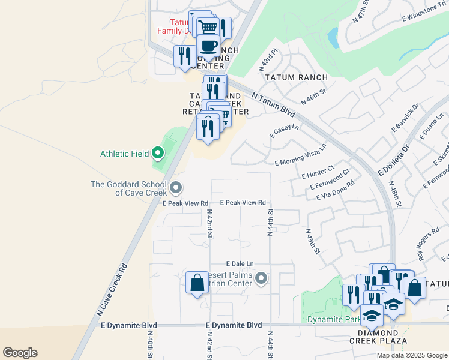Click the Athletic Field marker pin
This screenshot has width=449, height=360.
pos(158,154)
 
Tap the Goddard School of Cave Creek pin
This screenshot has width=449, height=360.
pos(176,188)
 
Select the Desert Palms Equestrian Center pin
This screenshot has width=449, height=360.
pos(261,278)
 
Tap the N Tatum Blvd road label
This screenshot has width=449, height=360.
pos(274,105)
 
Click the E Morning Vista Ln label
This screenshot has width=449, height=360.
pos(301,155)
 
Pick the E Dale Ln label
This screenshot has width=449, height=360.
pos(240,263)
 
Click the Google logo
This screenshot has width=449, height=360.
pos(20,353)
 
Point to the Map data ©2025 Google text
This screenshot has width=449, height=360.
pos(412,355)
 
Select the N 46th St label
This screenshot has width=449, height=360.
pos(313,97)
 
